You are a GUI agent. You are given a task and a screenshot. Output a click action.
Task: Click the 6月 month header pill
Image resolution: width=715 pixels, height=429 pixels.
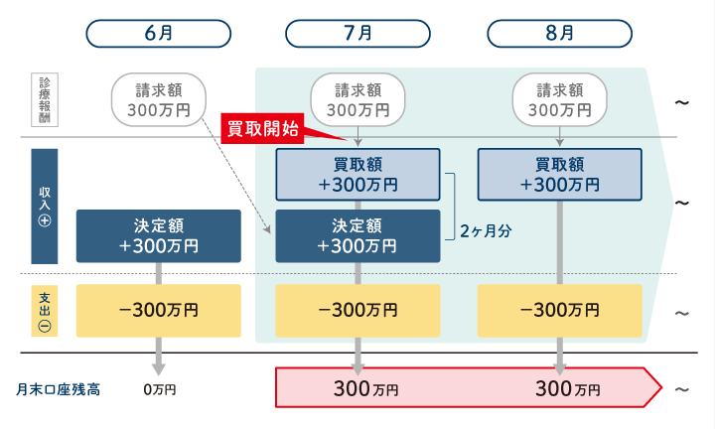pos(158,32)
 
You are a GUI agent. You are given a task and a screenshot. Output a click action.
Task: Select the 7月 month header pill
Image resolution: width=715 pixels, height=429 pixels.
pos(357,32)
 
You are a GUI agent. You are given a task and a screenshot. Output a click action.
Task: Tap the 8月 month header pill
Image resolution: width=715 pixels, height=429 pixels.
pos(559,32)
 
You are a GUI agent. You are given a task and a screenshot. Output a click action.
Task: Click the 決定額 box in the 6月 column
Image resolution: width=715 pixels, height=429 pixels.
pos(158,235)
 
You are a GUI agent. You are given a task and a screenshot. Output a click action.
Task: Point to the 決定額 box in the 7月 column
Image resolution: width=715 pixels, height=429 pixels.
pos(357,235)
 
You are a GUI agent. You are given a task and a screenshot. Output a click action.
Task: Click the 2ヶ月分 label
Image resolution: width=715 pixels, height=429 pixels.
pos(486,230)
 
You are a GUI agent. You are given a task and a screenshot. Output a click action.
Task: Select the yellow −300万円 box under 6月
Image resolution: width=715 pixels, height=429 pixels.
pos(158,309)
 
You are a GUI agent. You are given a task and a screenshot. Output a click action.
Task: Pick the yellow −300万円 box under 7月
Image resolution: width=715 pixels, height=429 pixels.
pos(357,309)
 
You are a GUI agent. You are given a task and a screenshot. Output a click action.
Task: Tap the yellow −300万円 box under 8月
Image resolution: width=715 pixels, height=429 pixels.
pos(559,309)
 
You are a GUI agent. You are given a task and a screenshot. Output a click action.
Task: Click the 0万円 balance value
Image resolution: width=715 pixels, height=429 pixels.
pos(159,389)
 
